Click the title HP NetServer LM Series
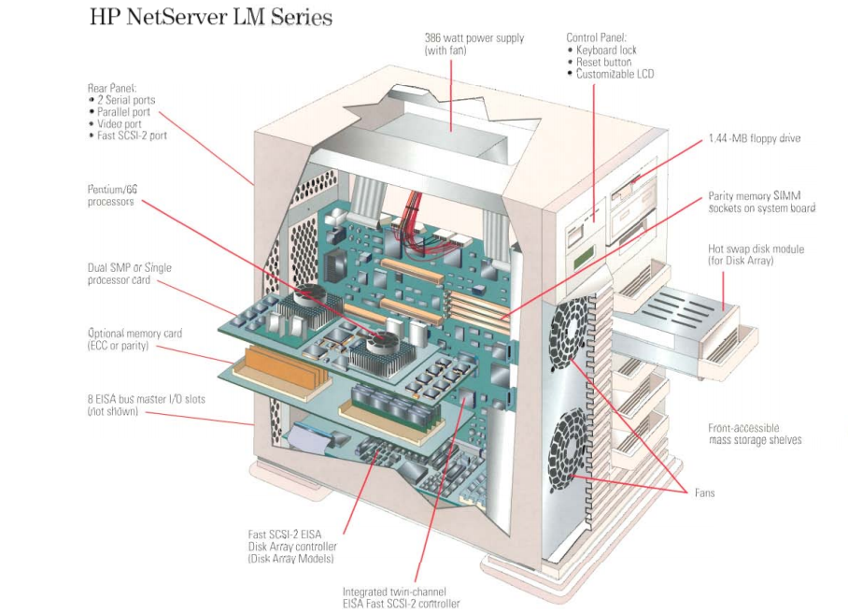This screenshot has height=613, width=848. tap(211, 18)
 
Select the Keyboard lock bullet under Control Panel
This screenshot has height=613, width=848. tap(609, 50)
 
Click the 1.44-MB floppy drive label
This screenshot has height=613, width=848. tap(754, 138)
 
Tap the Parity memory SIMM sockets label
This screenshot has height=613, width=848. tap(761, 202)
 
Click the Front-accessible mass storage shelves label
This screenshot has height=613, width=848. tap(755, 434)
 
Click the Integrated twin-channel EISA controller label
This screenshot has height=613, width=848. tap(401, 597)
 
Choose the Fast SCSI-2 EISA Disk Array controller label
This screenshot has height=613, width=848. tap(292, 546)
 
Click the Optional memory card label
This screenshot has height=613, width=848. tap(134, 339)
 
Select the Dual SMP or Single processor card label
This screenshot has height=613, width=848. tap(130, 274)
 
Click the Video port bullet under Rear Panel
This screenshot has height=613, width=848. tap(120, 123)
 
